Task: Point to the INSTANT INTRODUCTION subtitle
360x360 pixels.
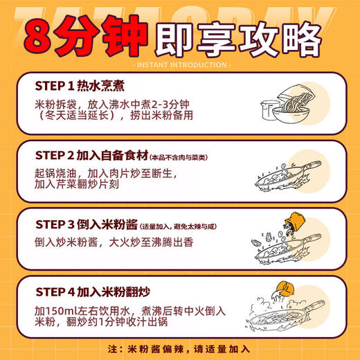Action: coord(179,65)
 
